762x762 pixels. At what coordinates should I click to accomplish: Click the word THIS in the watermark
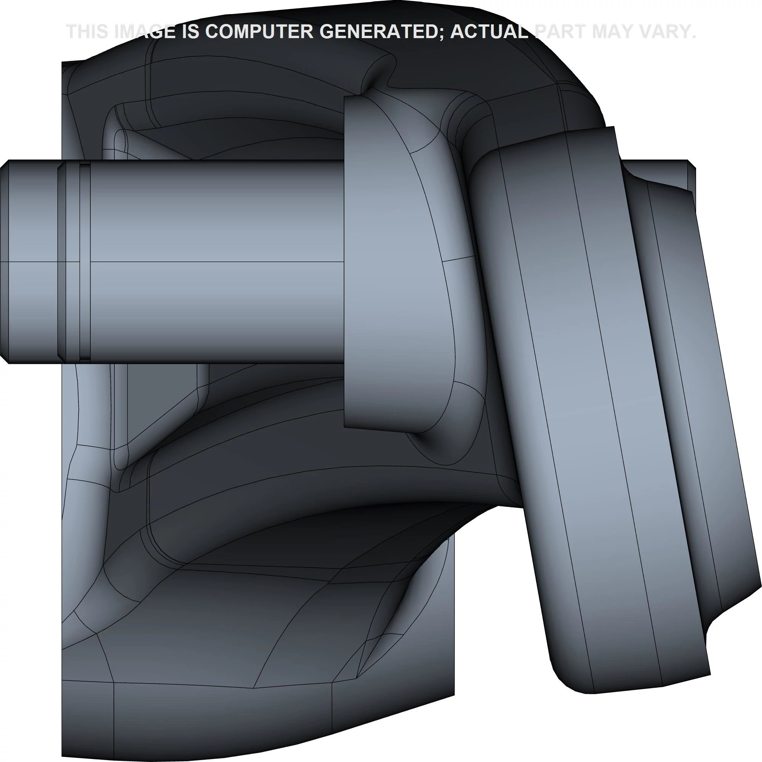86,31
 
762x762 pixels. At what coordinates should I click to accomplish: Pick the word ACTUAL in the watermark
490,31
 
